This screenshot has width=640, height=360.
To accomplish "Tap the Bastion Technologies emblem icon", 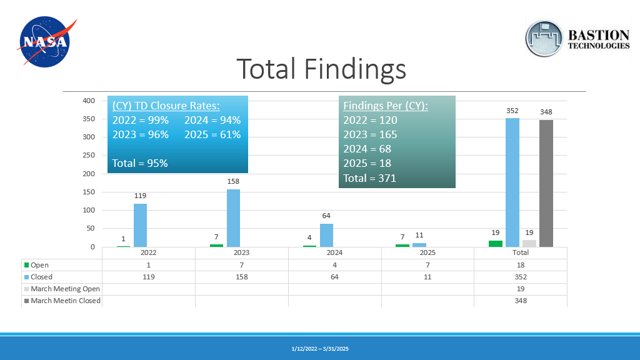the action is pyautogui.click(x=544, y=38).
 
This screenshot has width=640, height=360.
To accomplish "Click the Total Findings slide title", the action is pyautogui.click(x=321, y=69).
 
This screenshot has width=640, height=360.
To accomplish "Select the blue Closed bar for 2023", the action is pyautogui.click(x=234, y=218).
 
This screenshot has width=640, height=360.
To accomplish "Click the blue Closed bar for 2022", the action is pyautogui.click(x=141, y=225).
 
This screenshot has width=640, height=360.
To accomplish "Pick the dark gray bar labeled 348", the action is pyautogui.click(x=546, y=183).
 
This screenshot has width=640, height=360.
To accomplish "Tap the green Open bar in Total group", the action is pyautogui.click(x=496, y=244).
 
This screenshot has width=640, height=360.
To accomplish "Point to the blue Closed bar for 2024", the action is pyautogui.click(x=326, y=235).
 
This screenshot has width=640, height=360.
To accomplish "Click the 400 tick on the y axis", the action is pyautogui.click(x=89, y=101).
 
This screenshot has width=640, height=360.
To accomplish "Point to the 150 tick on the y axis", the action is pyautogui.click(x=89, y=192).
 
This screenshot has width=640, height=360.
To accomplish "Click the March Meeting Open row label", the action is pyautogui.click(x=62, y=289).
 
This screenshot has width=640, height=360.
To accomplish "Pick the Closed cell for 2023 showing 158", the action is pyautogui.click(x=242, y=277).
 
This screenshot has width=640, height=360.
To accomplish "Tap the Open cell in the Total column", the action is pyautogui.click(x=521, y=265).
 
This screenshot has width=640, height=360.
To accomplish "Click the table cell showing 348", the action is pyautogui.click(x=521, y=301).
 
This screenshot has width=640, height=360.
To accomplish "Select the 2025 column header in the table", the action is pyautogui.click(x=427, y=252).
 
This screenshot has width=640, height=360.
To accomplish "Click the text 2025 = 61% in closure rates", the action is pyautogui.click(x=212, y=135).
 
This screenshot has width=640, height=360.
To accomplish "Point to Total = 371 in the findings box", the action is pyautogui.click(x=370, y=178).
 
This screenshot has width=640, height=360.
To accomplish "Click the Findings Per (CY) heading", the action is pyautogui.click(x=386, y=106).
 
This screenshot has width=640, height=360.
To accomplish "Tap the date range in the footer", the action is pyautogui.click(x=320, y=349).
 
